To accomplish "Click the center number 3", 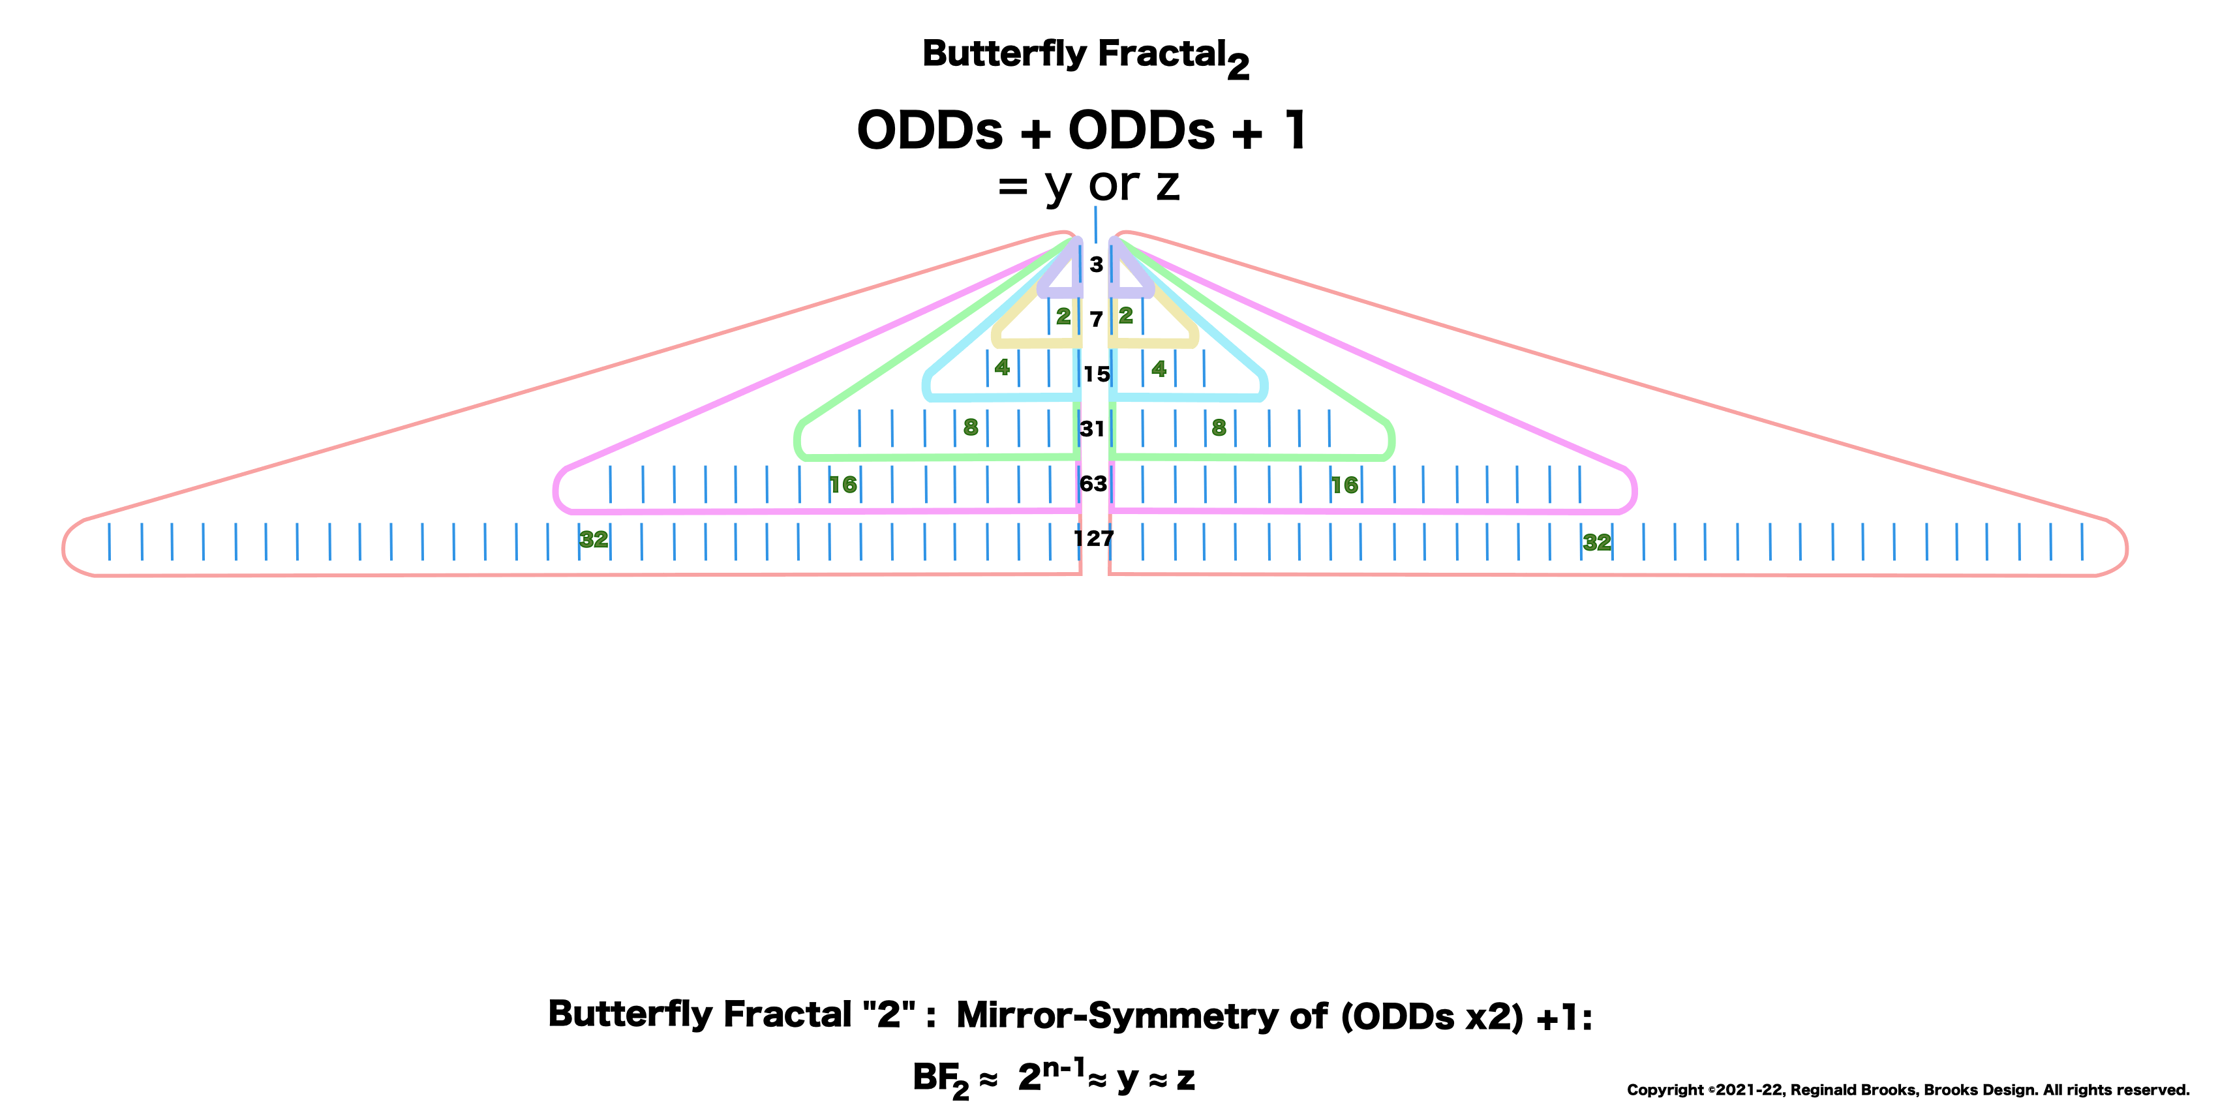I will (1095, 264).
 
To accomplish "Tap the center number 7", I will (1095, 320).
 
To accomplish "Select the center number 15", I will (1096, 374).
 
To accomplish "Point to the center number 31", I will (1092, 429).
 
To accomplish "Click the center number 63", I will (1093, 484).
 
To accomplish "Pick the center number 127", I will (1093, 539).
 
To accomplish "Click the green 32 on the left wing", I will (593, 540).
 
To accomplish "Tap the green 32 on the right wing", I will (1596, 543).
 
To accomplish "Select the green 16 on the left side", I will (843, 485).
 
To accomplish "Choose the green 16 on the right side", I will (1344, 485).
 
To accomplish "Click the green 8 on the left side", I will (971, 428).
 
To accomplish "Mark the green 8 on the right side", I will (1219, 428).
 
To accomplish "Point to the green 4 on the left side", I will (1001, 368).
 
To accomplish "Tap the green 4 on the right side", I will (1159, 369).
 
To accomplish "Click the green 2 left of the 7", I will (1063, 317).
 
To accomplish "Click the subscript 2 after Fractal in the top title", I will (1238, 67).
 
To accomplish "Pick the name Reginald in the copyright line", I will (1823, 1090).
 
